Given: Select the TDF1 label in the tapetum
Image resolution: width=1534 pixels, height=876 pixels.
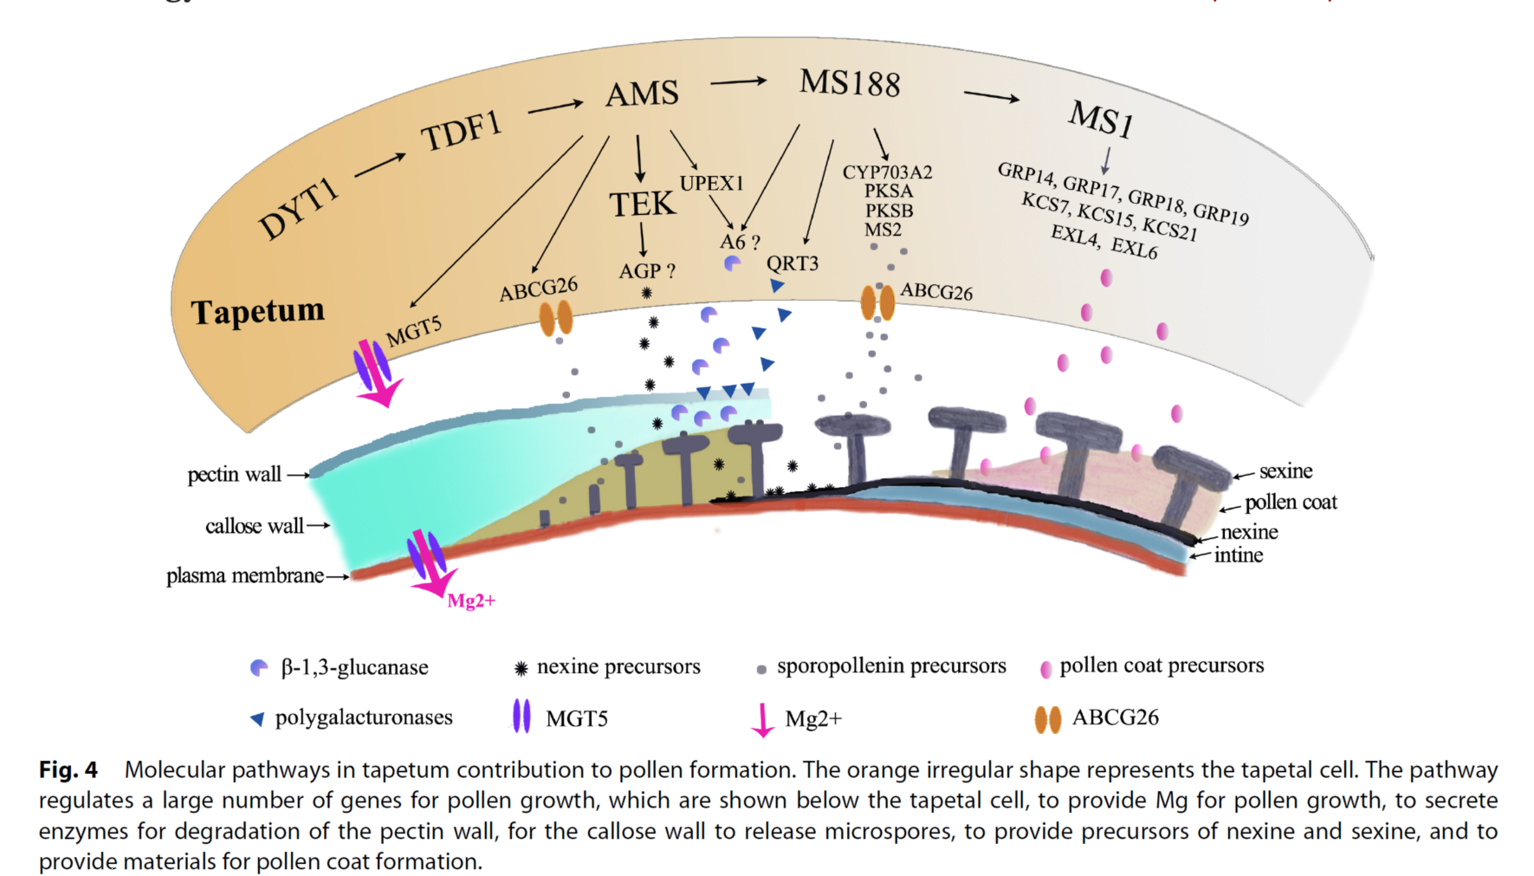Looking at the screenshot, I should pyautogui.click(x=462, y=132).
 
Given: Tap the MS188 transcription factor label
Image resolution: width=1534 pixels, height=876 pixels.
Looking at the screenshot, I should pyautogui.click(x=850, y=83).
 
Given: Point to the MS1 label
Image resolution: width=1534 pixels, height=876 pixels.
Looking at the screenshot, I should pyautogui.click(x=1100, y=118).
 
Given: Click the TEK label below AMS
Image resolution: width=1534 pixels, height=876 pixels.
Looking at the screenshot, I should pyautogui.click(x=642, y=204).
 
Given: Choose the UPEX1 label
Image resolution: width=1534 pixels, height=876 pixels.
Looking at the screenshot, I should pyautogui.click(x=711, y=184).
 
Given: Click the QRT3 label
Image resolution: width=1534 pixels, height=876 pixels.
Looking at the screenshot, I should pyautogui.click(x=792, y=263).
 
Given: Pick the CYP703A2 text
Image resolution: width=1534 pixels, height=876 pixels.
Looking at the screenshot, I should pyautogui.click(x=887, y=172).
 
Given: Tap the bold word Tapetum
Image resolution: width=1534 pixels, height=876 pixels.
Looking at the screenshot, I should pyautogui.click(x=257, y=311).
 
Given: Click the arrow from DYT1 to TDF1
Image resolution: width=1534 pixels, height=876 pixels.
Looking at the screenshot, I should pyautogui.click(x=379, y=163).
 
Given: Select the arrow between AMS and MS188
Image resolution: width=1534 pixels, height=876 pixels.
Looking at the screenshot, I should pyautogui.click(x=738, y=81).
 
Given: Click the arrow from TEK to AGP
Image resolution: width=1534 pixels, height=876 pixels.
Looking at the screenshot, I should pyautogui.click(x=643, y=239).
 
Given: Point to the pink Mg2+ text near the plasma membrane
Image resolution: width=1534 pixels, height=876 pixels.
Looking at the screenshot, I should pyautogui.click(x=471, y=600).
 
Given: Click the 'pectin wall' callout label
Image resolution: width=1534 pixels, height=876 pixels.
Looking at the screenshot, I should pyautogui.click(x=234, y=475).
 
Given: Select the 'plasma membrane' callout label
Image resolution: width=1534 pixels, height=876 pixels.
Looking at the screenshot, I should pyautogui.click(x=244, y=576).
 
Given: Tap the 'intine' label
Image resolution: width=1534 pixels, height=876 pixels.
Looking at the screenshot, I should pyautogui.click(x=1239, y=555).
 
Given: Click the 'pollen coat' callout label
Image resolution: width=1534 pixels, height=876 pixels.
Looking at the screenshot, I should pyautogui.click(x=1291, y=503).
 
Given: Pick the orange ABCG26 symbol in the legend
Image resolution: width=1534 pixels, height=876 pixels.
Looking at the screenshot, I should pyautogui.click(x=1048, y=719).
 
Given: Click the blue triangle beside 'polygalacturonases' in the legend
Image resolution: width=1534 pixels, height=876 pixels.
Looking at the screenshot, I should pyautogui.click(x=257, y=719).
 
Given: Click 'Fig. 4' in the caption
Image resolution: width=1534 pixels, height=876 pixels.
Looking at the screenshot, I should pyautogui.click(x=68, y=769).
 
